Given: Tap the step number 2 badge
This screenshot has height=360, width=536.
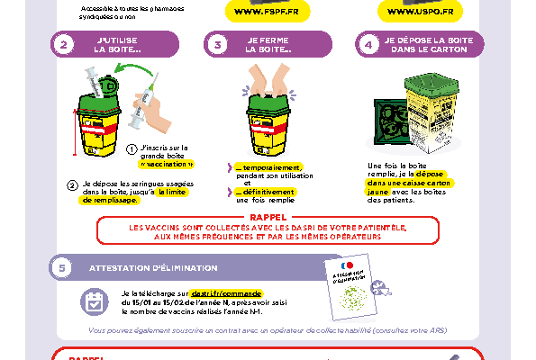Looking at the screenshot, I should coord(63,45).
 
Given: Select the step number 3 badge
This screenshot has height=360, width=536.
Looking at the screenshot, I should coord(217,45).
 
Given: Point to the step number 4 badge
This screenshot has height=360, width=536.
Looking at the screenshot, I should coord(366,45).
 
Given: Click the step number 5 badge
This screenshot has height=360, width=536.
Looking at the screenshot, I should coord(61,267).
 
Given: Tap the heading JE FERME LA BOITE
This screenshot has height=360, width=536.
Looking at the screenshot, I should coord(268,45).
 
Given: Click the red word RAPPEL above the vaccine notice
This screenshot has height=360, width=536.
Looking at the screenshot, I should coord(268,216).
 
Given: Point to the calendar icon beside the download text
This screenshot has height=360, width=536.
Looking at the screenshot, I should coord(94,301).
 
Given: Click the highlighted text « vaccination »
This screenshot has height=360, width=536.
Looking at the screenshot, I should coord(167,166).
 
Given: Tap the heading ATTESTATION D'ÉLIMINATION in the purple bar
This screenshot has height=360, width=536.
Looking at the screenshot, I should coord(153,267).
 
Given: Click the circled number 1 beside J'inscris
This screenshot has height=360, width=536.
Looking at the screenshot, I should coord(132,149).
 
